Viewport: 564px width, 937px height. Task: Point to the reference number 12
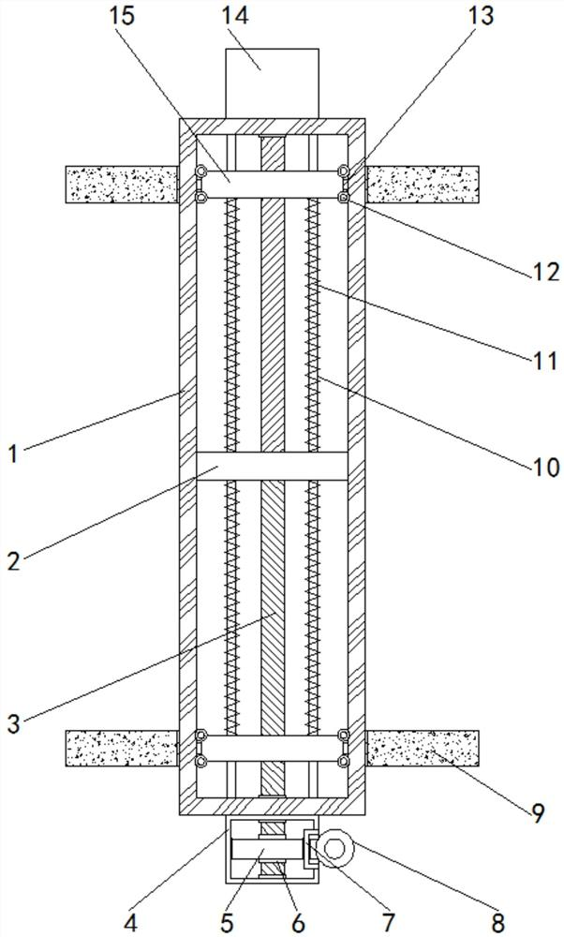coord(545,271)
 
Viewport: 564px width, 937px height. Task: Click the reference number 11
coord(545,361)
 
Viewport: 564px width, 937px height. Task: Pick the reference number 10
coord(545,466)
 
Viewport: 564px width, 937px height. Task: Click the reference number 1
coord(13,454)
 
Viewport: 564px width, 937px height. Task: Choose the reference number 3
coord(13,723)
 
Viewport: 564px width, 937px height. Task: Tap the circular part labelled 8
coord(334,851)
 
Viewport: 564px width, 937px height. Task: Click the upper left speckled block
coord(122,184)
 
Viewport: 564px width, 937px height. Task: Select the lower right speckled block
coord(422,748)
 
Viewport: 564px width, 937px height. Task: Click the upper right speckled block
coord(422,184)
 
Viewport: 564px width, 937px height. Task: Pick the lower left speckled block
coord(122,748)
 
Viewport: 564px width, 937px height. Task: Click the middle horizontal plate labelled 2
coord(272,466)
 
